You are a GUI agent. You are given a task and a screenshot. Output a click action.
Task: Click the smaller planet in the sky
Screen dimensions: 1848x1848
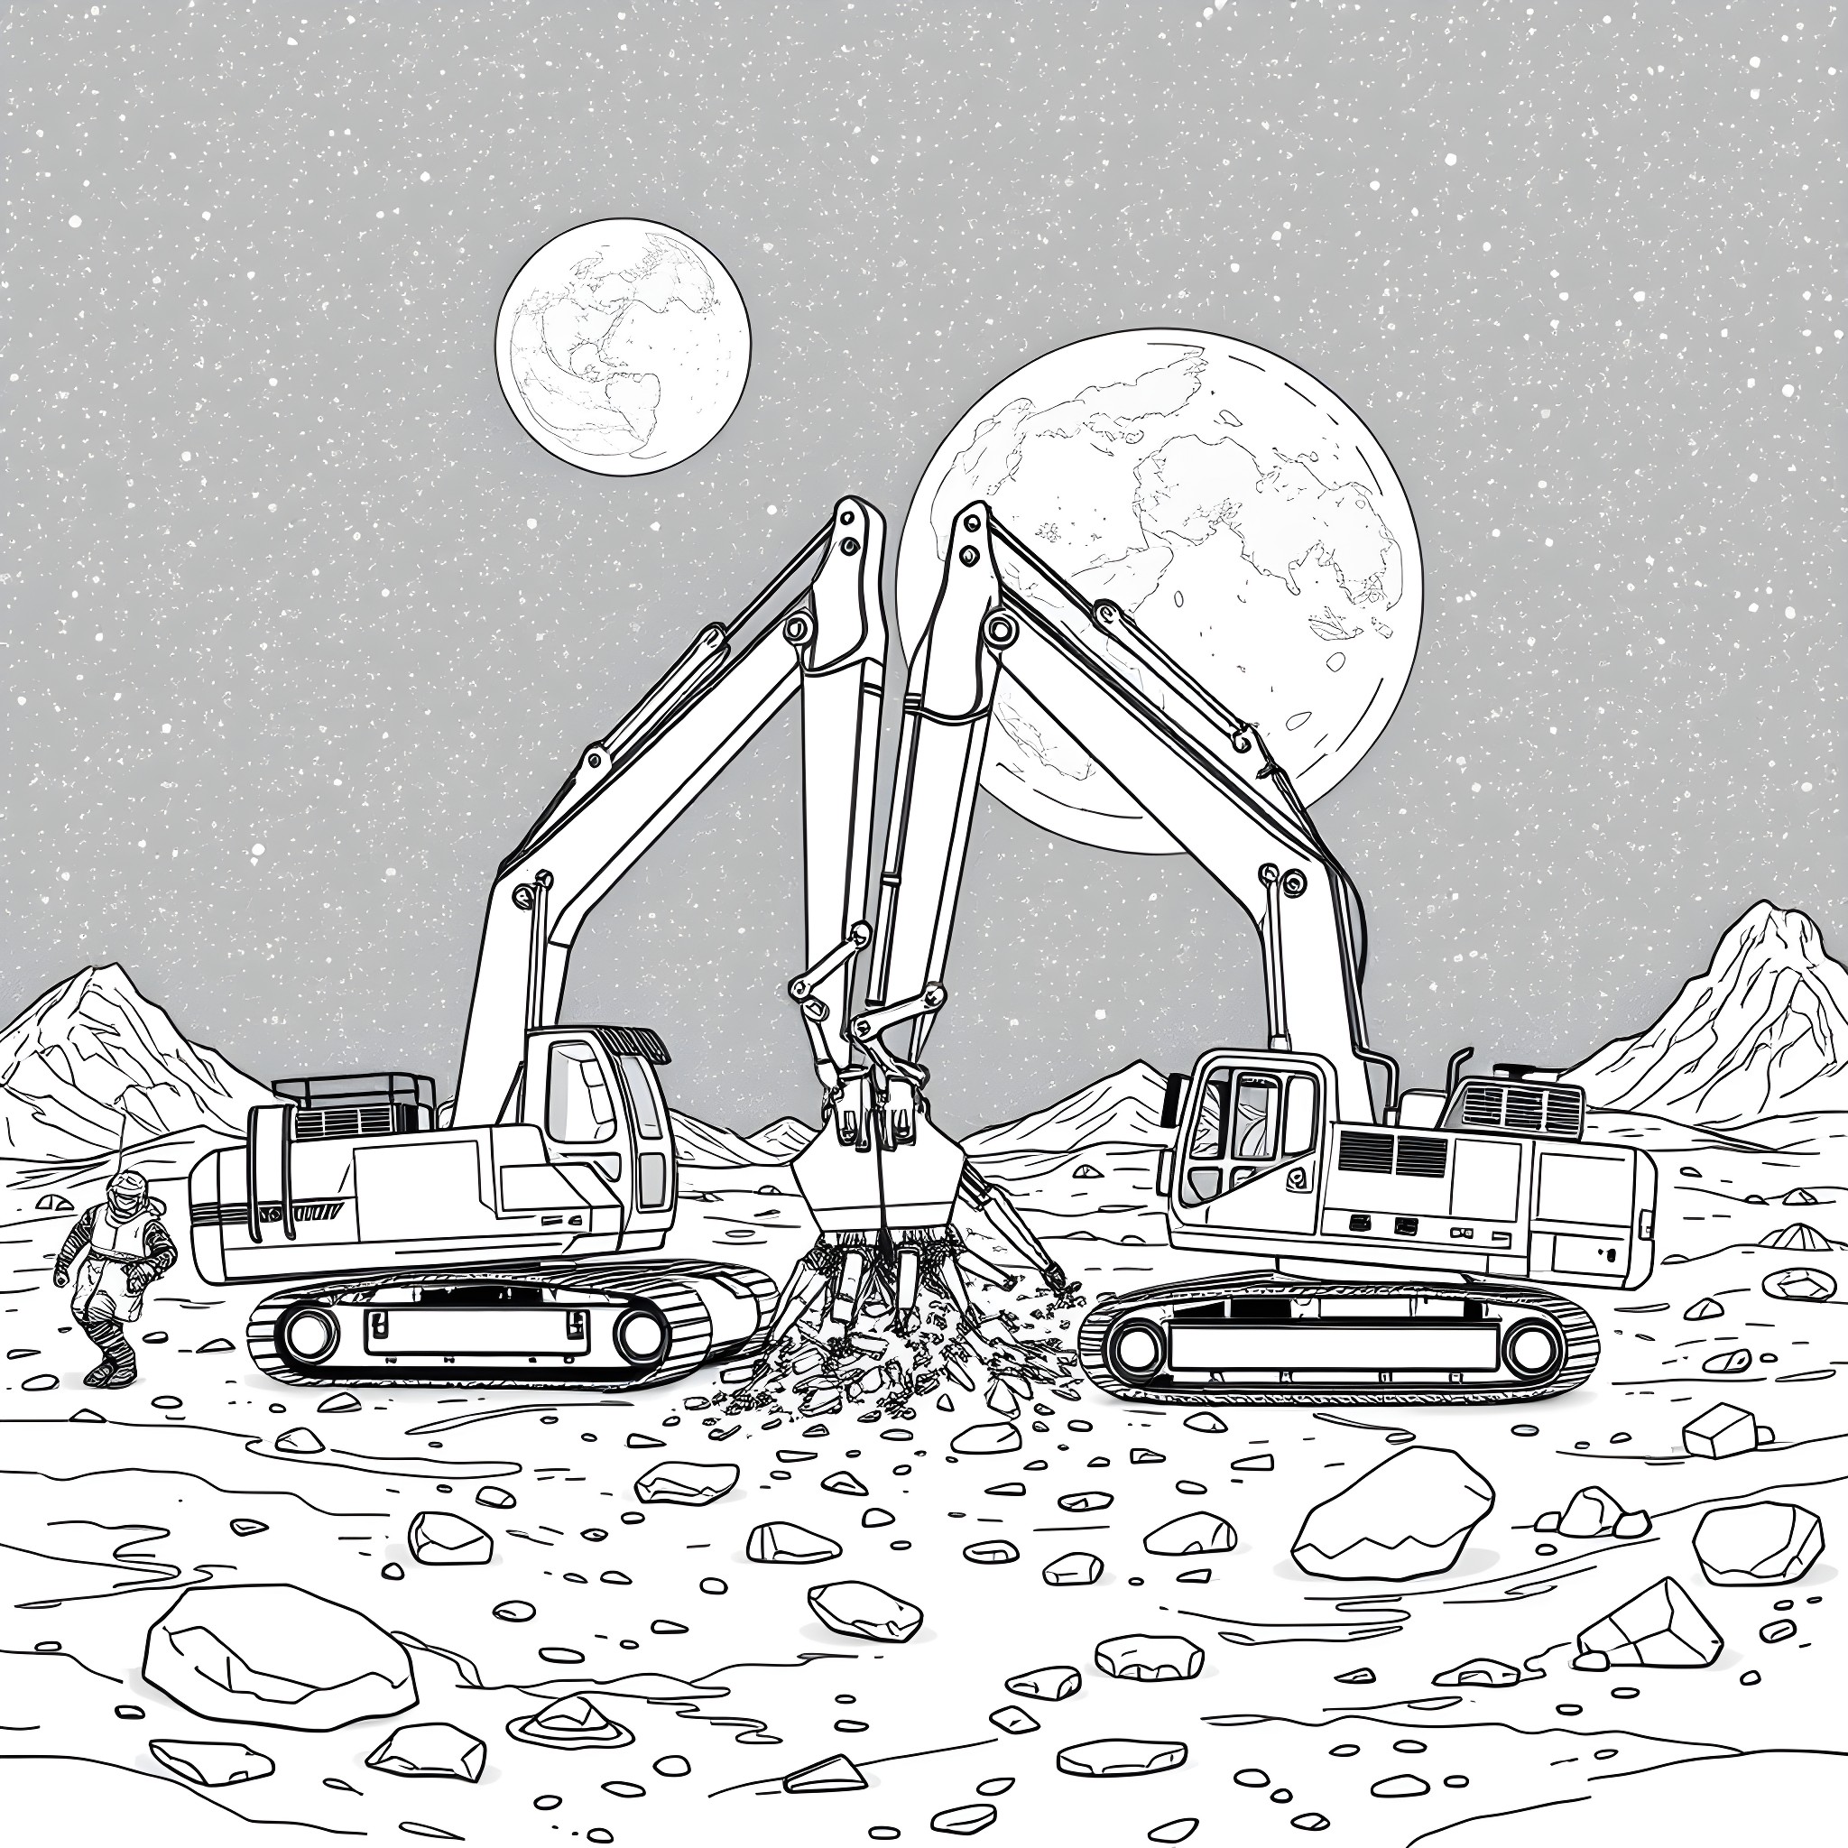[623, 346]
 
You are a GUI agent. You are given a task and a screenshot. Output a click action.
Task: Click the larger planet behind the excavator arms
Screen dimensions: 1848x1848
[1196, 536]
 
